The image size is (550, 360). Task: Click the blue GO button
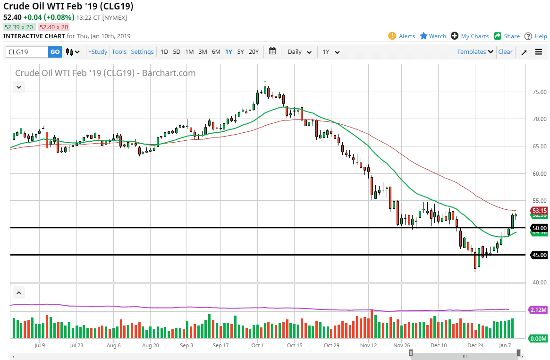(x=55, y=52)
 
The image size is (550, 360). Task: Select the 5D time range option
(x=177, y=52)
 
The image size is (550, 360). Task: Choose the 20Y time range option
(x=254, y=52)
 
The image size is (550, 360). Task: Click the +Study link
(x=98, y=52)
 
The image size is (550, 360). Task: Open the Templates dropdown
(x=475, y=52)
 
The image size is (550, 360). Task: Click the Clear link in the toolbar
(x=505, y=52)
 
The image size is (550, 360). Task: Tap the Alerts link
(x=402, y=36)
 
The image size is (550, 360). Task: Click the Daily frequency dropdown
(x=299, y=52)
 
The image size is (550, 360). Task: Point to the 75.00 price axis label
(x=539, y=92)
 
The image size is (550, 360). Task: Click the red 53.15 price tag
(x=539, y=211)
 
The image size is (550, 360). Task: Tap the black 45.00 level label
(x=539, y=255)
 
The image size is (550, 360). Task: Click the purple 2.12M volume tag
(x=538, y=310)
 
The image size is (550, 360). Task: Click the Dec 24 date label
(x=475, y=345)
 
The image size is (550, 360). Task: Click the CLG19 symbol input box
(x=27, y=52)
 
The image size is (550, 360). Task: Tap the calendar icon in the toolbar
(x=272, y=51)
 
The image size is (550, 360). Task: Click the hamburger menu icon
(x=539, y=52)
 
